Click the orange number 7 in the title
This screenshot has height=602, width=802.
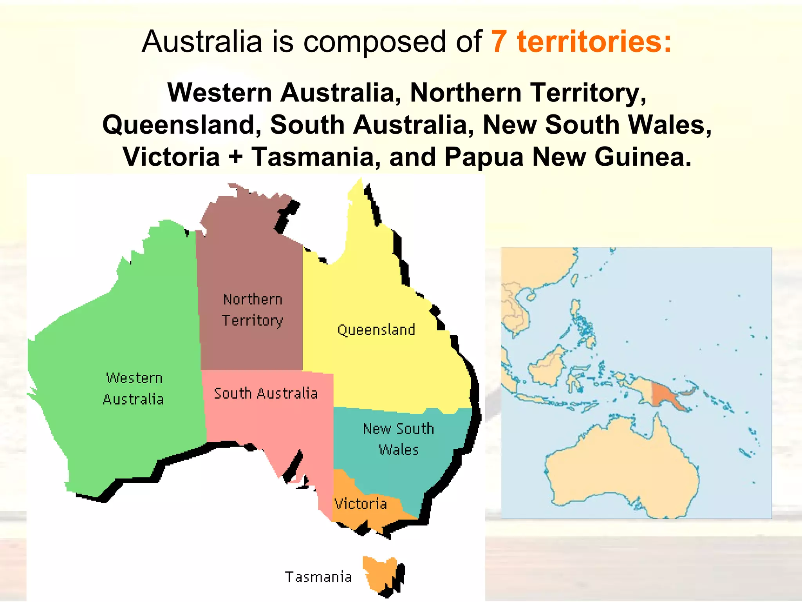point(499,42)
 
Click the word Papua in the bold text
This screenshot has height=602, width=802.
point(484,157)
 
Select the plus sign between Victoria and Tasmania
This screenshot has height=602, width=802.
point(235,157)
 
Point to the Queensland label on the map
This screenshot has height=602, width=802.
point(376,330)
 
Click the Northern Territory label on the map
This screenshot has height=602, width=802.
point(253,310)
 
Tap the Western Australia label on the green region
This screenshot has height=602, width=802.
point(133,389)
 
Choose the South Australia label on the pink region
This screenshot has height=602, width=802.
point(266,393)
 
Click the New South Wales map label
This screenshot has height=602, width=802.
point(399,439)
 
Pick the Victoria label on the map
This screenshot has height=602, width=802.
point(361,504)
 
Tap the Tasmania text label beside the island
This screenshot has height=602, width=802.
point(318,577)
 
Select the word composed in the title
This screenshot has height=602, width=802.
point(374,42)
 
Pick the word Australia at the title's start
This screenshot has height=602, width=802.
point(202,42)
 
